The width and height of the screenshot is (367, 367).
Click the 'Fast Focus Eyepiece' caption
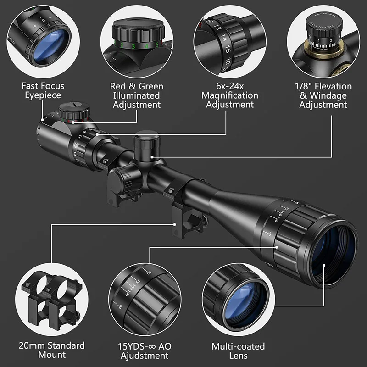tap(43, 91)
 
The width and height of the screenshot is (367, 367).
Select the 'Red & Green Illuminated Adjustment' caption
tap(137, 95)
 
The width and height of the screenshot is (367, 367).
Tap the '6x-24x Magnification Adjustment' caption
tap(230, 95)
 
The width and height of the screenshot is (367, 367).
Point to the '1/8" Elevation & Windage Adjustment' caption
tap(323, 95)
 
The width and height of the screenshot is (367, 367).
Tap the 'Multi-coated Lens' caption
tap(238, 351)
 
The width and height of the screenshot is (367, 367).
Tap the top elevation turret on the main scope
tap(147, 142)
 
